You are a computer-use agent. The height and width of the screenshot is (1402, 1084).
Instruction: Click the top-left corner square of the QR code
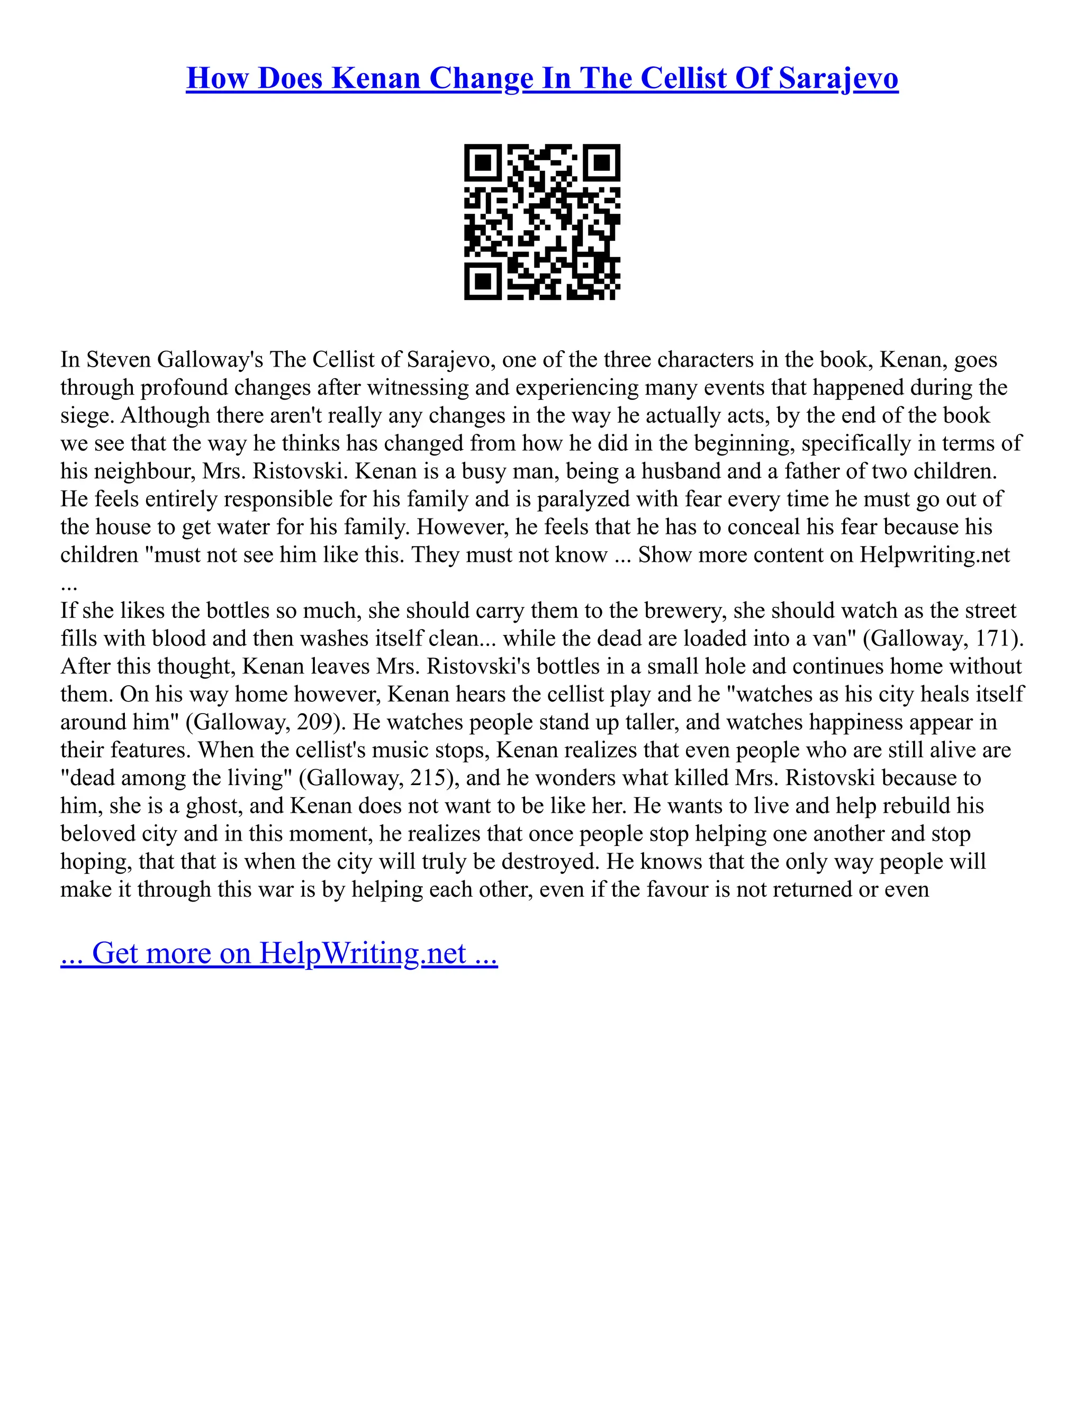point(482,162)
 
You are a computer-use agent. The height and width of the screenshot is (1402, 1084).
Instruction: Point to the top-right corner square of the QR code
point(602,162)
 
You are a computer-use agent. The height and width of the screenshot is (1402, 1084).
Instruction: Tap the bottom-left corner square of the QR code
point(482,281)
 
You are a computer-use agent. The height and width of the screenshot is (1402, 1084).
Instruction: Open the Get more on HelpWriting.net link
point(279,953)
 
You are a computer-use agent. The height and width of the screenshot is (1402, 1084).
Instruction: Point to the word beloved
point(101,834)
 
